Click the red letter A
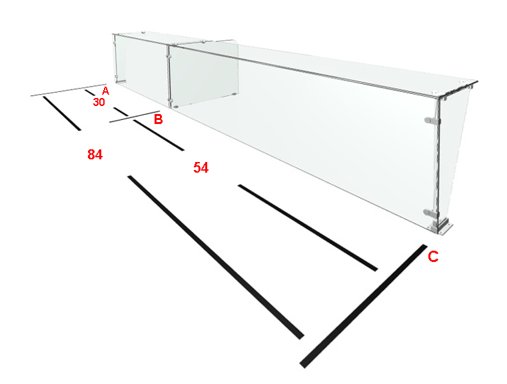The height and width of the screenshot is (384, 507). (x=105, y=91)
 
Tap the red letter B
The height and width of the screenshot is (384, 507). (x=158, y=119)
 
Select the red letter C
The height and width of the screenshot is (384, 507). (x=433, y=257)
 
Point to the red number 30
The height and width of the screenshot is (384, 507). (x=99, y=102)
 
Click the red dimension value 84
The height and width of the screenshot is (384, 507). (x=95, y=155)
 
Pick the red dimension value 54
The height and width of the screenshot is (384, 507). (x=201, y=167)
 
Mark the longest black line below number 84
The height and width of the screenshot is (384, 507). (x=216, y=257)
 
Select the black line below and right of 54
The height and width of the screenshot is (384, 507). (x=308, y=228)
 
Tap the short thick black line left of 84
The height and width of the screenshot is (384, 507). (x=62, y=113)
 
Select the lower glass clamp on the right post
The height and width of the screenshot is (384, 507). (x=431, y=213)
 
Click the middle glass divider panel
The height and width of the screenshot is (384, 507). (x=204, y=75)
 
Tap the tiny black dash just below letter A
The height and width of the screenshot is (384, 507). (x=89, y=93)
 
